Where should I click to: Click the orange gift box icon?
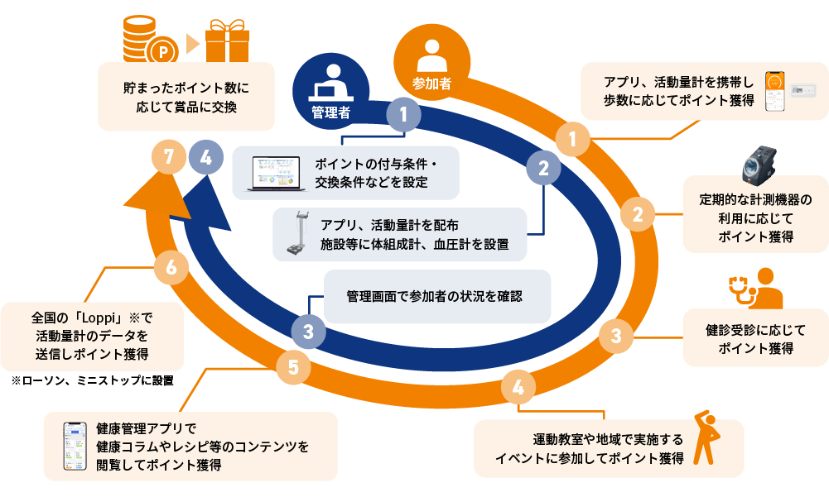coord(227,40)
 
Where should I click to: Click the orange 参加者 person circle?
coord(430,62)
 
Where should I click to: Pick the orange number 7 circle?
coord(170,157)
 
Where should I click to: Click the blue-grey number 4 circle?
coord(205,157)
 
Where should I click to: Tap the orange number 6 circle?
coord(171,267)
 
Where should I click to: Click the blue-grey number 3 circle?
coord(308,332)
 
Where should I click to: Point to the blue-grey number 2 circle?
coord(543,169)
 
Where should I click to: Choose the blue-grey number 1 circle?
coord(404,115)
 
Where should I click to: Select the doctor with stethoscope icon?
coord(756,287)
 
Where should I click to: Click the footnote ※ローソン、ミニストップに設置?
coord(93,381)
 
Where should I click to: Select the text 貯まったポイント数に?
coord(186,87)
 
